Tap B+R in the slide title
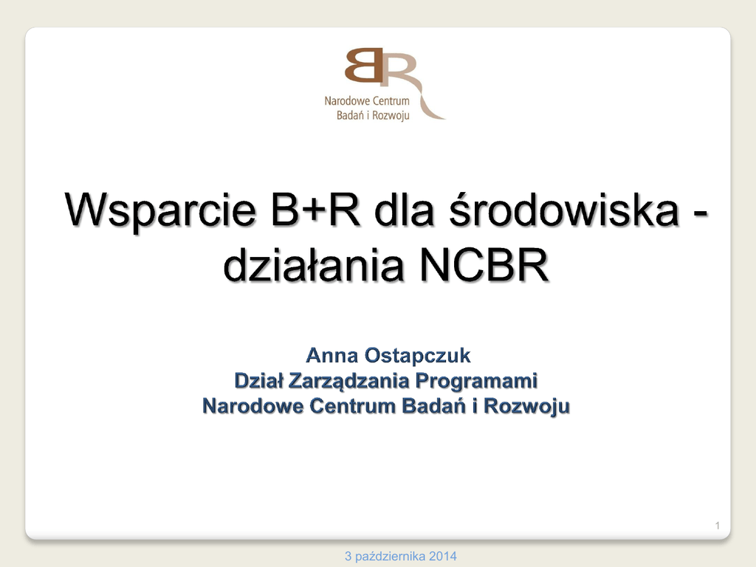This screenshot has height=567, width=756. click(x=315, y=209)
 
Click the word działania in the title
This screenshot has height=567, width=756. click(x=313, y=264)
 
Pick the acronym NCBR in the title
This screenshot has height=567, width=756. click(x=484, y=265)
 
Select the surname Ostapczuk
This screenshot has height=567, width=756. click(x=418, y=357)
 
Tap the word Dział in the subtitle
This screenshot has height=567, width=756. click(x=259, y=381)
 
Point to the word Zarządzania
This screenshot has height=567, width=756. click(x=349, y=382)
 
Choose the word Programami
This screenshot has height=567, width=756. click(x=476, y=382)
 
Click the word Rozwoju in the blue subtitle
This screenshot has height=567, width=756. click(x=526, y=407)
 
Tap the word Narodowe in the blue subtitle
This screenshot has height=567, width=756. click(x=253, y=406)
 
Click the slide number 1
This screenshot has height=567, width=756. click(x=718, y=526)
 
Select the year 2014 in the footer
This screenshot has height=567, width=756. click(x=443, y=557)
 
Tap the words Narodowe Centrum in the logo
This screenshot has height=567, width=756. click(x=367, y=100)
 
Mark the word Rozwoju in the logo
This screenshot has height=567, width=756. click(x=391, y=116)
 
